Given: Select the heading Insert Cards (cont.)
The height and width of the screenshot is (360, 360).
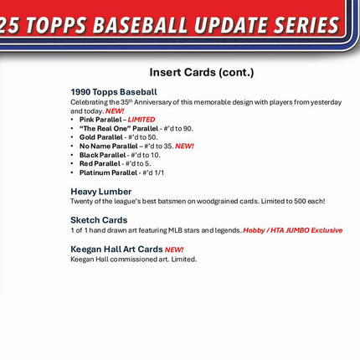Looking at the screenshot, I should (201, 72).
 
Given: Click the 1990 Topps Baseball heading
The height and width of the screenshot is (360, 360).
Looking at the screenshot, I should (113, 91).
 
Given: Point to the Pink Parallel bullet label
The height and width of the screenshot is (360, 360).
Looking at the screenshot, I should (100, 120).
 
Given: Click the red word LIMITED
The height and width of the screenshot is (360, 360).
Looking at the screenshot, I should (141, 120).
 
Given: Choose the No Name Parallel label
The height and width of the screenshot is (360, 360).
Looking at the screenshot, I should (108, 146).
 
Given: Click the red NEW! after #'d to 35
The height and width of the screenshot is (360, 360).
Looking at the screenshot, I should (184, 146).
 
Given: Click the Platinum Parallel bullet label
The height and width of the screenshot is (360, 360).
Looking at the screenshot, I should (108, 172).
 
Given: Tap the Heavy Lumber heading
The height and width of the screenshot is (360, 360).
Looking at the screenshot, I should (100, 191).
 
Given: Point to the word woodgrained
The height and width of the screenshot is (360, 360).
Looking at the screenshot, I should (221, 201).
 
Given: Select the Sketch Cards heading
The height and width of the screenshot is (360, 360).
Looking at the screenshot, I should (99, 220).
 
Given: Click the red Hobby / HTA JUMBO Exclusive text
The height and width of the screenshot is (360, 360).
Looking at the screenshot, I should (293, 230).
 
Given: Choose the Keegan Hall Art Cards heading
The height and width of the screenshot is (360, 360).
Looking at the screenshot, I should (116, 249).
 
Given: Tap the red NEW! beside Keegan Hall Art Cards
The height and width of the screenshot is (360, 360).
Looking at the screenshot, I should (174, 249).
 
